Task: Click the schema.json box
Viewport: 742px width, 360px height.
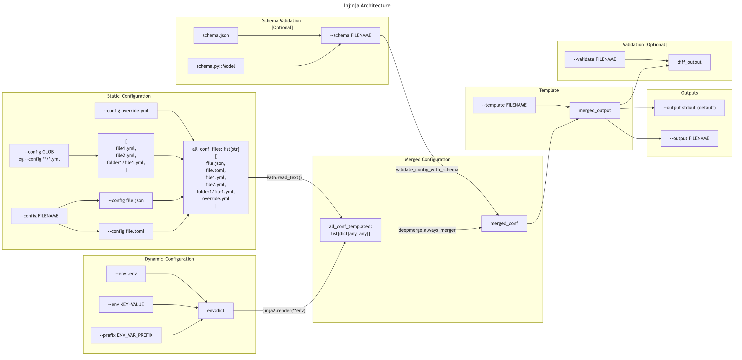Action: (x=216, y=36)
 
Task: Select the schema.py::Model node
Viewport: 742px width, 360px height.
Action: (x=216, y=66)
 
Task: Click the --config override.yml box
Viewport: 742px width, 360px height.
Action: (x=126, y=111)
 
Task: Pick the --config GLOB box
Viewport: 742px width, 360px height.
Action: (x=39, y=155)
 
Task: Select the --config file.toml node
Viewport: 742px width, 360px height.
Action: (x=126, y=231)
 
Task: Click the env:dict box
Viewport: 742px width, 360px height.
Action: (x=216, y=310)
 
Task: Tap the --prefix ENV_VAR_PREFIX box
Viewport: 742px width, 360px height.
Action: (x=126, y=335)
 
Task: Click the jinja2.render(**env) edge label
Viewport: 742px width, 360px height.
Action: (x=284, y=310)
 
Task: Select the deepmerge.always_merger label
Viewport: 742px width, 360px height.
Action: (x=427, y=230)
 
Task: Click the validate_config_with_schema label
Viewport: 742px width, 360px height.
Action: (x=427, y=170)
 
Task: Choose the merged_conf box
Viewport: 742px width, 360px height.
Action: (x=504, y=223)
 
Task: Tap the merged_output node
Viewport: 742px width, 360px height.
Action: (x=595, y=110)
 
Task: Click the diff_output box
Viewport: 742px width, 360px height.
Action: (x=689, y=62)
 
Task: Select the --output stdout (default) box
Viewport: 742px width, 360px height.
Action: (x=689, y=108)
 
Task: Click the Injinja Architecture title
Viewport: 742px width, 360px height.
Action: (x=367, y=5)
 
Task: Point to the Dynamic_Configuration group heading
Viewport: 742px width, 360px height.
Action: (x=169, y=259)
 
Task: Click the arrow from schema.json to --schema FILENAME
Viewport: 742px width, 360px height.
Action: (x=279, y=36)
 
